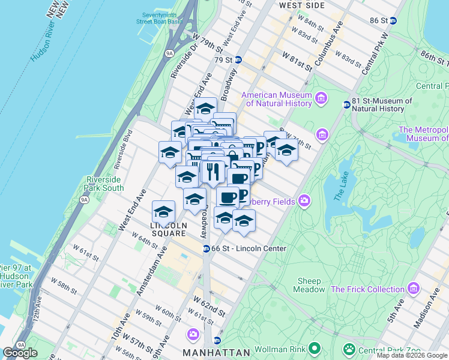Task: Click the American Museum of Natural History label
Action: click(277, 99)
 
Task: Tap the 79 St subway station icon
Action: click(238, 60)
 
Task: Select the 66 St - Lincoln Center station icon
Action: click(206, 248)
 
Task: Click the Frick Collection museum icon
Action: click(413, 289)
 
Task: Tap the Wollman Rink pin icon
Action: click(313, 349)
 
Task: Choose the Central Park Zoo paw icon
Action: click(349, 349)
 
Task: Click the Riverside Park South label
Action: click(104, 184)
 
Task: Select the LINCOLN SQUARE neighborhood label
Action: click(169, 226)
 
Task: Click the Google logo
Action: click(20, 353)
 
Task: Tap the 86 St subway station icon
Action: click(393, 20)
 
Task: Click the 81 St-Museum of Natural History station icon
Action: click(346, 105)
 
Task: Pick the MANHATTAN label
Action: click(216, 352)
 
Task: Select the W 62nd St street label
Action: click(209, 305)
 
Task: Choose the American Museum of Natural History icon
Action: click(321, 98)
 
